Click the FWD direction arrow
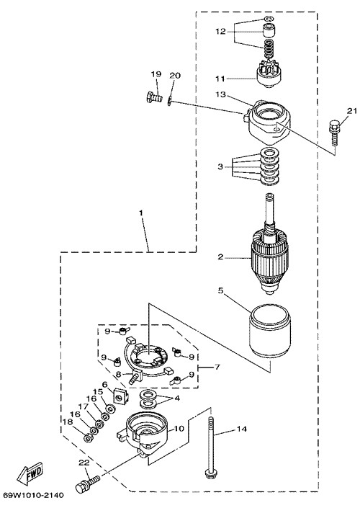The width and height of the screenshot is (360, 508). point(30,473)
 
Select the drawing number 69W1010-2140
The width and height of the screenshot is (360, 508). point(34,495)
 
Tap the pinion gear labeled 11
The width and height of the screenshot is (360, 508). point(269,73)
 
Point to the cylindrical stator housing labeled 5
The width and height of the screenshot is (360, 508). point(270,331)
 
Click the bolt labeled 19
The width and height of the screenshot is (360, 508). point(154,97)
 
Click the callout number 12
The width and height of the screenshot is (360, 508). point(220,32)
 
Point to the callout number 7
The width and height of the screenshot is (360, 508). point(217,367)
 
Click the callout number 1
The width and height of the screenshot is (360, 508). point(141,213)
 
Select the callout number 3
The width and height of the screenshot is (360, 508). point(220,167)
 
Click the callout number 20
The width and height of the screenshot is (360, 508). point(175,76)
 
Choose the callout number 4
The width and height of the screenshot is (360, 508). point(177,398)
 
